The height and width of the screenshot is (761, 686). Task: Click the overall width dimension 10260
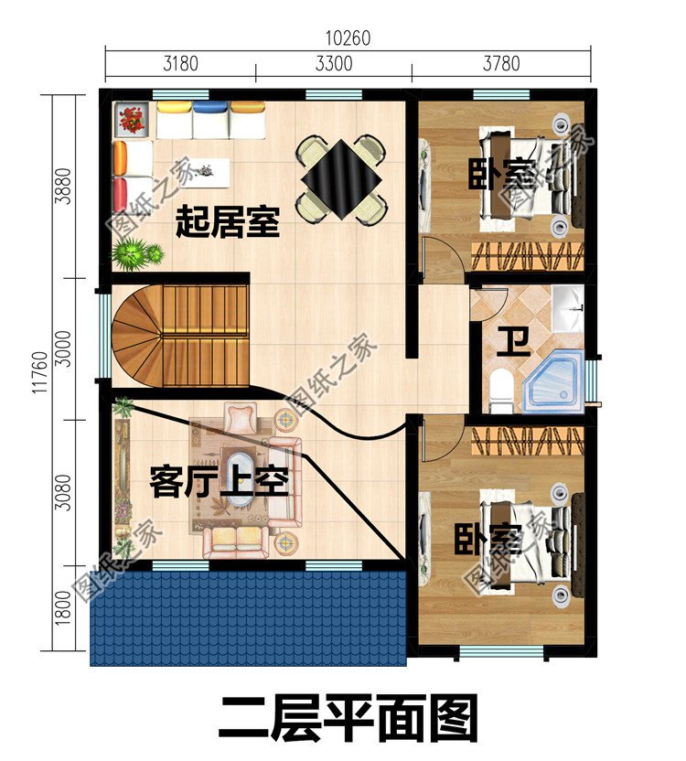coord(348,38)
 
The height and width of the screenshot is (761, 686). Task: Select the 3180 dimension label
coord(180,65)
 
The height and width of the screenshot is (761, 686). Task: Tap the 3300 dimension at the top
coord(333,65)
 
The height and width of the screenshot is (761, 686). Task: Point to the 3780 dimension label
coord(500,65)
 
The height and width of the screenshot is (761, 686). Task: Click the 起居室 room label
coord(228,222)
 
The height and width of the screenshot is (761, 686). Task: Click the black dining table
coord(342,178)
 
